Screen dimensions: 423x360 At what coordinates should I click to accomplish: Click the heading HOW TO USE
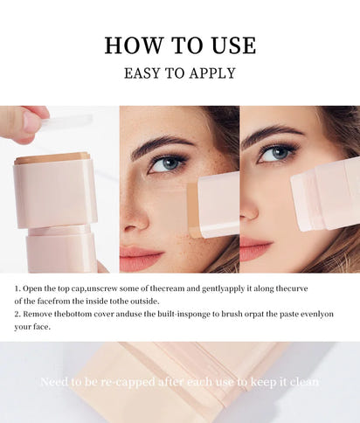click(x=180, y=45)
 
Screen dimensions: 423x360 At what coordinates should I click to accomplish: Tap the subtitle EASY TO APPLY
click(x=180, y=73)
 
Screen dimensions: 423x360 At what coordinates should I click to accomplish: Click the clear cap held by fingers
click(x=65, y=121)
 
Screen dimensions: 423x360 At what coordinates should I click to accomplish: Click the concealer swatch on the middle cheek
click(x=193, y=210)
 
